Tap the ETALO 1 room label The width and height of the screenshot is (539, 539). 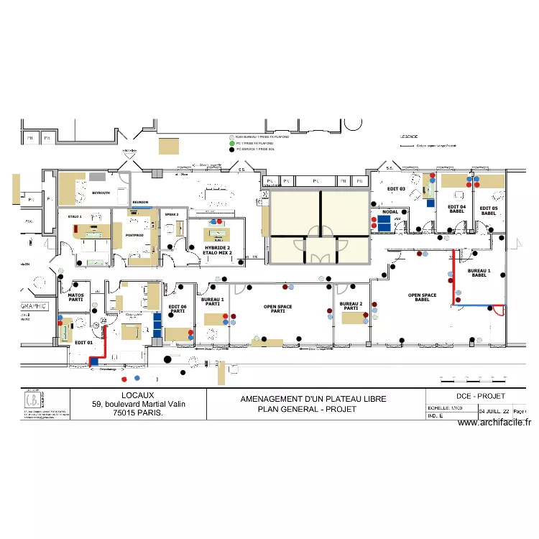point(75,216)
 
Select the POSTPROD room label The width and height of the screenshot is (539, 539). point(135,235)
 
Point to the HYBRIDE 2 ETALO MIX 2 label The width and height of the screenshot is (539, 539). point(218,250)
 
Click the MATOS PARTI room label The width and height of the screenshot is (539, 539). point(75,297)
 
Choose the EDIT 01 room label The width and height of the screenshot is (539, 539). point(84,343)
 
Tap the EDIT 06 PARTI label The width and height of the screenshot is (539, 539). point(178,309)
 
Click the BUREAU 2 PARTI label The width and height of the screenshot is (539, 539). point(351,306)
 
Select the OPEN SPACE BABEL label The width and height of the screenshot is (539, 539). point(422,298)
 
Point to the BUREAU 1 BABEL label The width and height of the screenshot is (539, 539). point(479,273)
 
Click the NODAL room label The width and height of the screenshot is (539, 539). point(390,212)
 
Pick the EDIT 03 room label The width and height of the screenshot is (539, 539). point(396,189)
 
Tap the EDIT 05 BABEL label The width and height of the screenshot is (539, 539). point(489,211)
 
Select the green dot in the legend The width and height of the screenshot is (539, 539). point(231,143)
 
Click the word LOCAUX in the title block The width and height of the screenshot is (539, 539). point(138,395)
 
